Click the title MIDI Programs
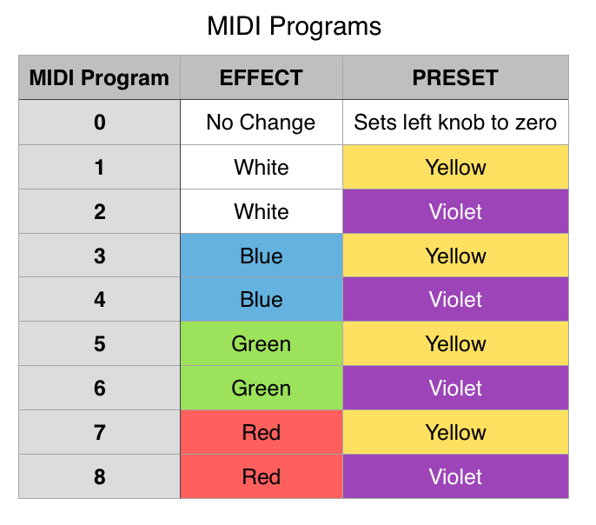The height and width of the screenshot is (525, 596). pyautogui.click(x=294, y=26)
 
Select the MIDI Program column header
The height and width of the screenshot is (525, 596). pyautogui.click(x=99, y=77)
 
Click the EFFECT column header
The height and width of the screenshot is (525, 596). pyautogui.click(x=261, y=77)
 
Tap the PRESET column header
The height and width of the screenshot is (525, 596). pyautogui.click(x=455, y=77)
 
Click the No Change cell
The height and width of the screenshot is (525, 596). pyautogui.click(x=261, y=123)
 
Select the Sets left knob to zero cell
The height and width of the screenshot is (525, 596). pyautogui.click(x=455, y=123)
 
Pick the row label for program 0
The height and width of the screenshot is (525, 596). pyautogui.click(x=99, y=123)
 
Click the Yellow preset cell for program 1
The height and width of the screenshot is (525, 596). pyautogui.click(x=455, y=167)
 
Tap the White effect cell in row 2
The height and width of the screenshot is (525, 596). pyautogui.click(x=261, y=211)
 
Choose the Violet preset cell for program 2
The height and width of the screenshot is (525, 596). pyautogui.click(x=455, y=211)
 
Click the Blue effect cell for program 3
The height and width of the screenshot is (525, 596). pyautogui.click(x=261, y=256)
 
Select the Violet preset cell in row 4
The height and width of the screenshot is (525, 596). pyautogui.click(x=455, y=300)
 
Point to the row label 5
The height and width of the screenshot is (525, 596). pyautogui.click(x=99, y=344)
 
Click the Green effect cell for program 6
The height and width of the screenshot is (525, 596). pyautogui.click(x=261, y=389)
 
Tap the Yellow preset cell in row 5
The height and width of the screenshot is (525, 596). pyautogui.click(x=455, y=344)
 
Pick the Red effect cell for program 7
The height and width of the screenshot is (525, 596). pyautogui.click(x=261, y=433)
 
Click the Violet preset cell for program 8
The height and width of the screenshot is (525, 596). pyautogui.click(x=455, y=477)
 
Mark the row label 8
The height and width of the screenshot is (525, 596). pyautogui.click(x=99, y=477)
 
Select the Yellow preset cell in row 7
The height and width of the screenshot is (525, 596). pyautogui.click(x=455, y=433)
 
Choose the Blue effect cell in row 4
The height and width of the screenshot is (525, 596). pyautogui.click(x=261, y=300)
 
